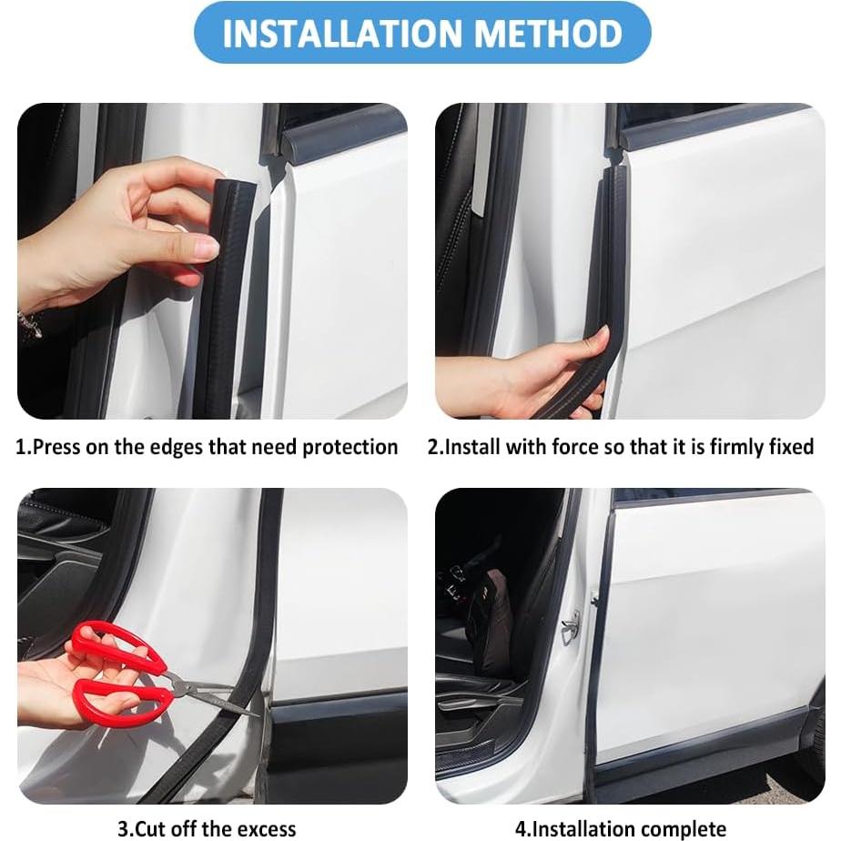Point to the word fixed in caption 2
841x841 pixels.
790,448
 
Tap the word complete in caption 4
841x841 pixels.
686,829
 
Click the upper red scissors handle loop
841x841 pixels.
107,643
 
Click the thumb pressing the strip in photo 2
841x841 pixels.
593,343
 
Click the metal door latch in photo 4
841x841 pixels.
571,625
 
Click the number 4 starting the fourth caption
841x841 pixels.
521,829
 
